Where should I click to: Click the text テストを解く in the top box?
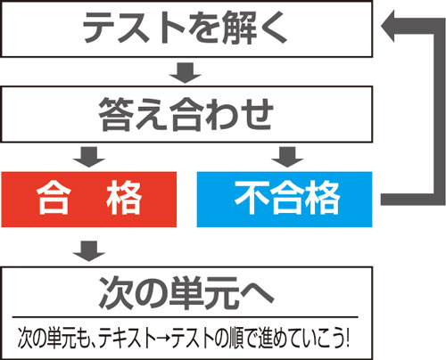[185, 28]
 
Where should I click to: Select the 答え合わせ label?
[186, 114]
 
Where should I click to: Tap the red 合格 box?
[89, 200]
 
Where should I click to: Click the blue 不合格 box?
[285, 200]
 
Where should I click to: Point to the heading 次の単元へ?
[186, 293]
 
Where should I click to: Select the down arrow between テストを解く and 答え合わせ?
[186, 73]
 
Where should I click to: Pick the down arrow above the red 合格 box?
[89, 157]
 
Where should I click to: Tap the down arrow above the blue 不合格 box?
[287, 157]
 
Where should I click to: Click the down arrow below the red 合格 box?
[89, 251]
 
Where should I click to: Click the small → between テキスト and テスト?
[164, 338]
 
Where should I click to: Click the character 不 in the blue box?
[252, 198]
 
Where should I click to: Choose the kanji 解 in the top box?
[239, 28]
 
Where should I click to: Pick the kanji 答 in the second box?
[115, 114]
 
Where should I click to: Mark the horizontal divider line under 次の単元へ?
[185, 317]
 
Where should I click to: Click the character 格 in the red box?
[124, 198]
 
